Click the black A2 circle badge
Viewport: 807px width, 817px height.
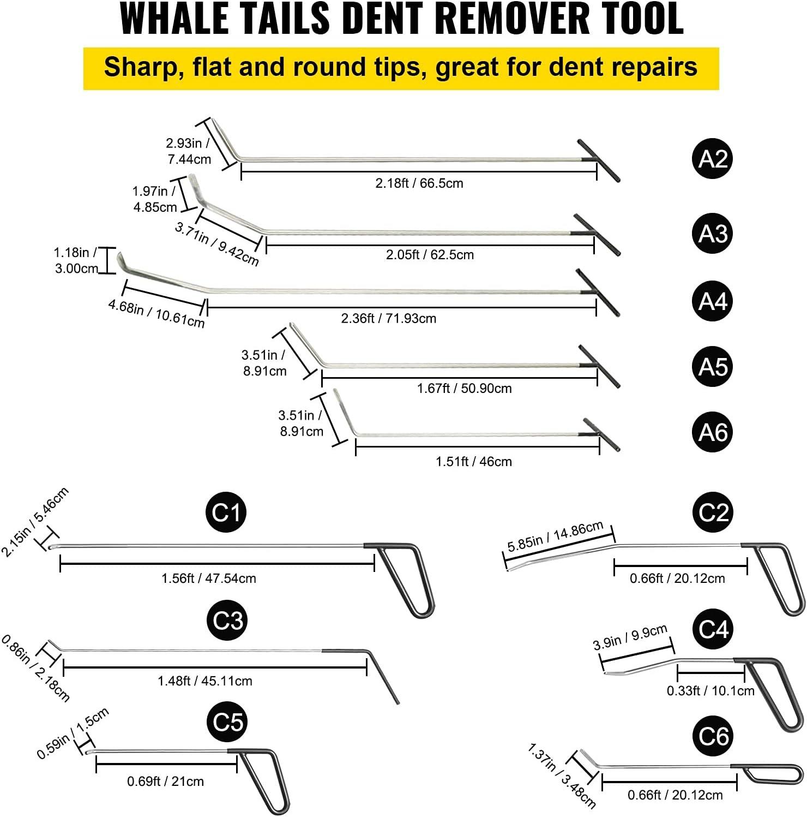713,159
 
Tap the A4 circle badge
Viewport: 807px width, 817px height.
713,301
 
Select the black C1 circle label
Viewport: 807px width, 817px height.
226,512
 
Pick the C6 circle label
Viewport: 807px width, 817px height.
713,736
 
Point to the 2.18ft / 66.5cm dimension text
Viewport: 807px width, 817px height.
419,183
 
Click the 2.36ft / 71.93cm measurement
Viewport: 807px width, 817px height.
388,318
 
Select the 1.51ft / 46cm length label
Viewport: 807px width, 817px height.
473,462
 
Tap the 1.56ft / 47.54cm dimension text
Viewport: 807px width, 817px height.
208,579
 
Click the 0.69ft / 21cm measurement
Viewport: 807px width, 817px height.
165,782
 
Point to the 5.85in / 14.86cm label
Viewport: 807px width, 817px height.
555,537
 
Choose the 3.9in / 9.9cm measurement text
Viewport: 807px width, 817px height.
630,637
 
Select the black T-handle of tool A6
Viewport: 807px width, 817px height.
600,434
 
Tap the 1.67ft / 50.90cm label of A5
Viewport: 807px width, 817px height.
464,389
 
